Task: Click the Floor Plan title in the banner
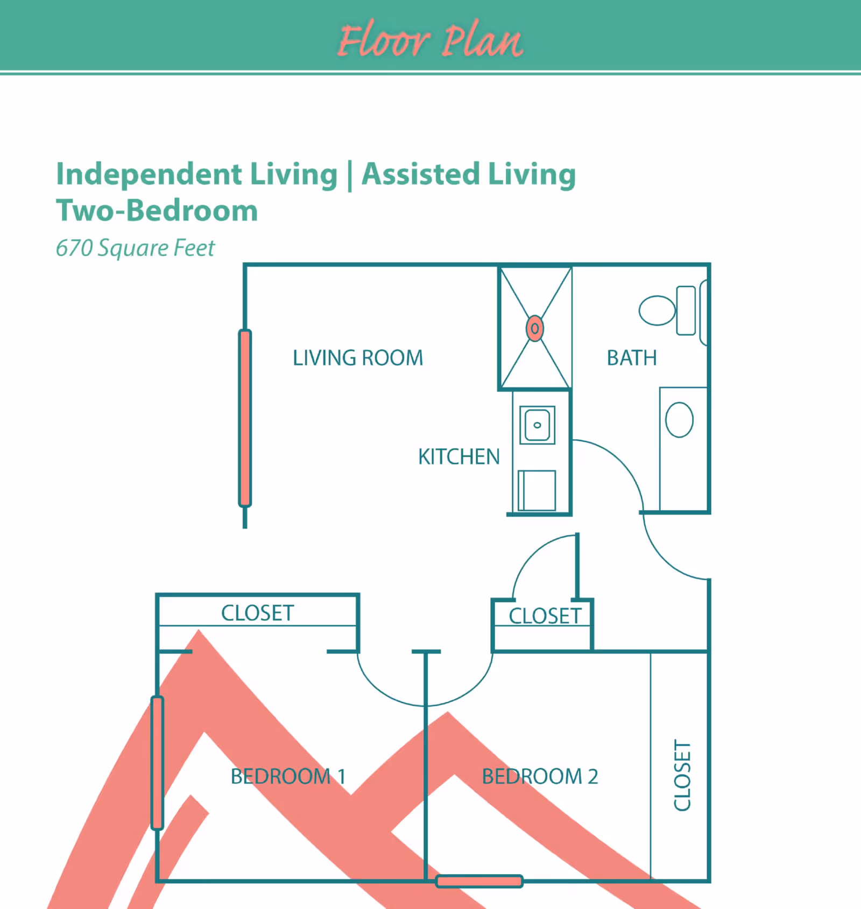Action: point(430,40)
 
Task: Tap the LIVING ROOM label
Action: point(358,358)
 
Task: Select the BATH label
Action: point(632,358)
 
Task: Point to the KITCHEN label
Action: point(459,457)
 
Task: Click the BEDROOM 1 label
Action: point(288,777)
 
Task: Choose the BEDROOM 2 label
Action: point(540,777)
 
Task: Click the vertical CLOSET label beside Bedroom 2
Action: point(682,775)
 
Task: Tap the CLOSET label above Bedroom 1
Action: point(257,613)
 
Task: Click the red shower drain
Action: point(535,328)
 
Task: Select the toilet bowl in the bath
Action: point(657,311)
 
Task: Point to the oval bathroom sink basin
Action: point(679,420)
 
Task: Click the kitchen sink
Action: point(537,425)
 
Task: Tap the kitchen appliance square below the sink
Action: point(537,490)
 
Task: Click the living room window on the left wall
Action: point(245,418)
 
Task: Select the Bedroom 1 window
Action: point(157,763)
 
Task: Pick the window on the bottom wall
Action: point(479,881)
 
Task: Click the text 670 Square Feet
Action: point(135,248)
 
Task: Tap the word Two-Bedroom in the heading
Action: point(157,210)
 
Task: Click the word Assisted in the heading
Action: point(420,174)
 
